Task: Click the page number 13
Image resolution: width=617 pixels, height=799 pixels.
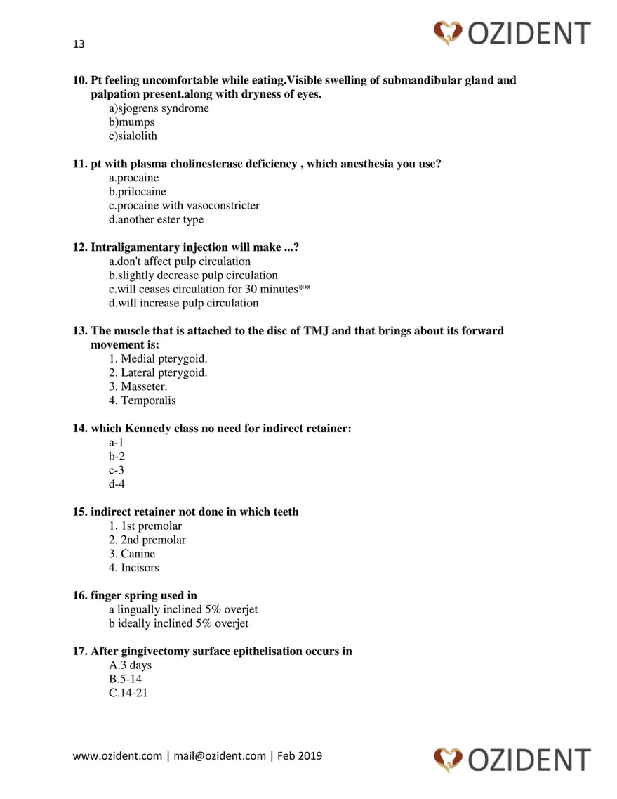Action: click(x=79, y=44)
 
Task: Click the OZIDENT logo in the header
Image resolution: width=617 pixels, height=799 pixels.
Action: click(x=512, y=32)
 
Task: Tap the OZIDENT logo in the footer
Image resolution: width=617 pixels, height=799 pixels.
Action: click(x=512, y=760)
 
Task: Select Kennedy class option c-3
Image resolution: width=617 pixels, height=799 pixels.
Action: click(x=117, y=470)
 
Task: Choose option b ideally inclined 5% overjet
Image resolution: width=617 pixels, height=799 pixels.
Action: click(x=178, y=623)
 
